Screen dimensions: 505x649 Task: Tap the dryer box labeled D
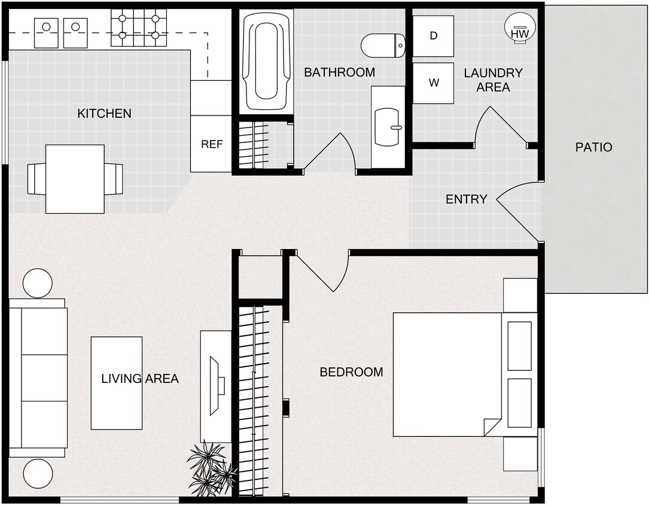[x=433, y=36]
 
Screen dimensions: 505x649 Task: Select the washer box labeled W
[x=433, y=83]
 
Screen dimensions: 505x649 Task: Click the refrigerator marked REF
[x=211, y=144]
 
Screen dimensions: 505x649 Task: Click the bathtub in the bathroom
[x=266, y=60]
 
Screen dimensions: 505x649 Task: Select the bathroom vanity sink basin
[x=388, y=127]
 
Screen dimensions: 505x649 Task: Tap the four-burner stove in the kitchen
[x=139, y=28]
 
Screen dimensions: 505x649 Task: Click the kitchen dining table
[x=75, y=179]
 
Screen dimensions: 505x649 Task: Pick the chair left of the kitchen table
[x=36, y=179]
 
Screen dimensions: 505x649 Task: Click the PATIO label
[x=593, y=147]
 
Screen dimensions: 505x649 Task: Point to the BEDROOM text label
[x=351, y=372]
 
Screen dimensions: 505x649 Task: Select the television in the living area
[x=215, y=385]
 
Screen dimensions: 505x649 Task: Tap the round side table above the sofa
[x=38, y=283]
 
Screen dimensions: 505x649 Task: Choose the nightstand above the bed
[x=520, y=295]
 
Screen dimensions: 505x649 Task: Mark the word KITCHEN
[x=104, y=114]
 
